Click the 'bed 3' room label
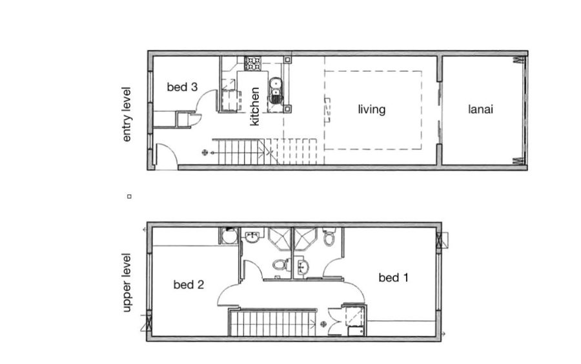182,87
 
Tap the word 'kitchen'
254,107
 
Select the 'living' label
372,109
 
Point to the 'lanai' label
480,109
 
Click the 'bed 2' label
189,284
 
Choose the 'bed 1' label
394,277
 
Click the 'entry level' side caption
127,114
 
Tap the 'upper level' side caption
127,283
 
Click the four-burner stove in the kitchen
253,63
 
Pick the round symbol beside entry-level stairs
205,152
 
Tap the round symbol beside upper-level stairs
323,324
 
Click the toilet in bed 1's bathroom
329,237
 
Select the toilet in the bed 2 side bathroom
281,265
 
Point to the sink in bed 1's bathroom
303,266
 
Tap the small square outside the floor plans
129,197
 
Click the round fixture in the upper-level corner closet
230,236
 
